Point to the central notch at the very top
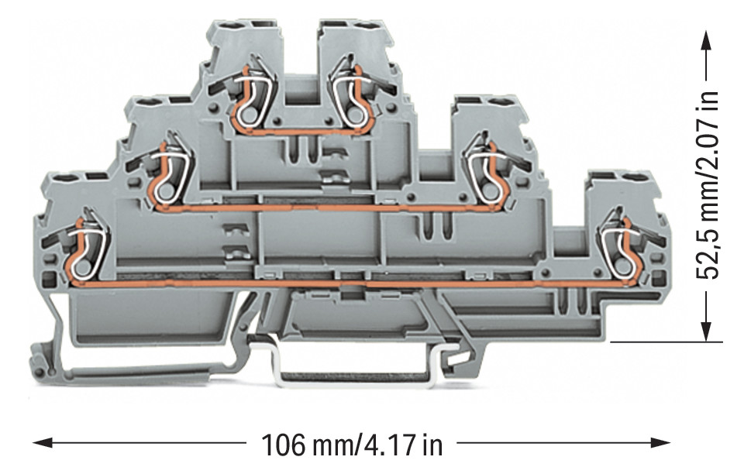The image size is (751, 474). (300, 54)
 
